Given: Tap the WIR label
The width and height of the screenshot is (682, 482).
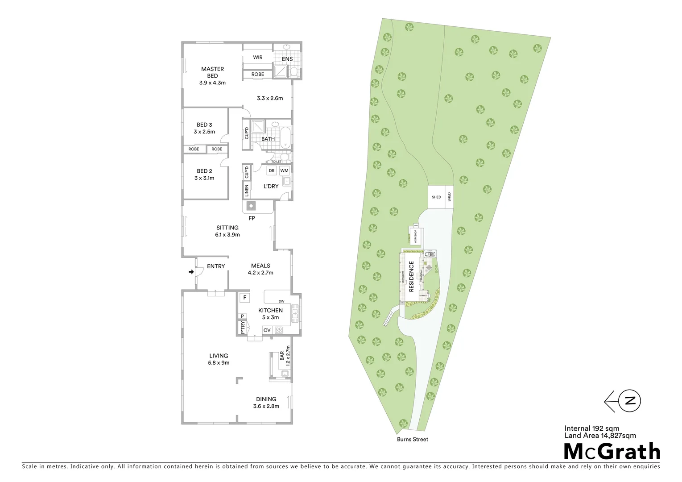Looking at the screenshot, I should pyautogui.click(x=258, y=58).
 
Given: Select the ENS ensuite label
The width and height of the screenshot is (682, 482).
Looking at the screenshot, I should pyautogui.click(x=288, y=59).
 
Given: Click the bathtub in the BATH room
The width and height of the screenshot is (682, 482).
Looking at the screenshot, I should pyautogui.click(x=285, y=134).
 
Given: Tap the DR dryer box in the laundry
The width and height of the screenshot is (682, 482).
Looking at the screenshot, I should pyautogui.click(x=272, y=170).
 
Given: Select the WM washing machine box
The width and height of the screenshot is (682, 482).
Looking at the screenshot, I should pyautogui.click(x=284, y=170).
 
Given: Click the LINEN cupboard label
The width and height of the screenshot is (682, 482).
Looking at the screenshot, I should pyautogui.click(x=247, y=191).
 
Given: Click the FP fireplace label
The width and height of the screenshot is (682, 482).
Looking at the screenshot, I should pyautogui.click(x=252, y=218).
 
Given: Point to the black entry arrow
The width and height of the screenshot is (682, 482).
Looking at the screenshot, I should pyautogui.click(x=191, y=271).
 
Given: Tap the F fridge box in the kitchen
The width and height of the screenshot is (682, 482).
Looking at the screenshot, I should pyautogui.click(x=244, y=297).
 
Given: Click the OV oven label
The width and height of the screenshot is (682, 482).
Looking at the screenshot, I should pyautogui.click(x=267, y=330).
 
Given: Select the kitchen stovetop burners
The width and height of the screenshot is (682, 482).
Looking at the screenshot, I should pyautogui.click(x=279, y=330).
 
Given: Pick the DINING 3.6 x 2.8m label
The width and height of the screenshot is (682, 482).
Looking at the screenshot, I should pyautogui.click(x=266, y=403).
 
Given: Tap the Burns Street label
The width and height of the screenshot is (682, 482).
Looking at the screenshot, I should pyautogui.click(x=413, y=439).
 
